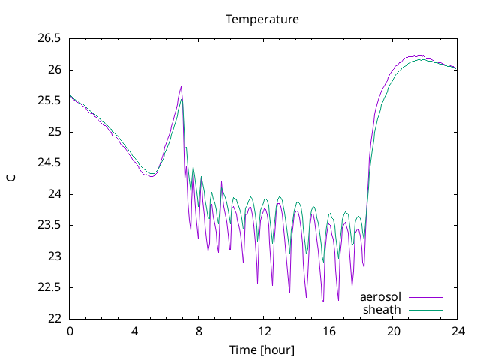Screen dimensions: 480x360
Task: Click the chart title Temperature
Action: click(x=262, y=19)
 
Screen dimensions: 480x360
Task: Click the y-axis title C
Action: click(x=11, y=178)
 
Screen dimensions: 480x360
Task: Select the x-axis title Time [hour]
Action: click(x=262, y=349)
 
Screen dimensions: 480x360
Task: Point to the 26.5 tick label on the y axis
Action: click(x=49, y=38)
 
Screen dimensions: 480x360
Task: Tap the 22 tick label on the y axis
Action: click(x=55, y=318)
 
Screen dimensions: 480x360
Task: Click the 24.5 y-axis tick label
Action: click(x=49, y=163)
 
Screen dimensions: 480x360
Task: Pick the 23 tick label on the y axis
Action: click(x=55, y=256)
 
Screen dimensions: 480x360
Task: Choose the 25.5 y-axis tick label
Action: click(x=49, y=100)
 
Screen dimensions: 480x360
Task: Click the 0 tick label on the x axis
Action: click(x=70, y=331)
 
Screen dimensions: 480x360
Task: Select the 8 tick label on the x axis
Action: click(x=199, y=331)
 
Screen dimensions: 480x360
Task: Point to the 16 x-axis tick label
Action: click(x=328, y=331)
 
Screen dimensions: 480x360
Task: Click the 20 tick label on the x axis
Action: click(x=393, y=331)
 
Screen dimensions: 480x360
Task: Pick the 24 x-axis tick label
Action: click(x=457, y=331)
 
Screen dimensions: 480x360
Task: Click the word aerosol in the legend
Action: click(x=380, y=297)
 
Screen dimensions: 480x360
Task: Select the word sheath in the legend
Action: click(x=382, y=310)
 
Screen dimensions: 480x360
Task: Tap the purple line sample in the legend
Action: click(x=425, y=297)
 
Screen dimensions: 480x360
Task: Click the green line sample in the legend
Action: click(x=425, y=310)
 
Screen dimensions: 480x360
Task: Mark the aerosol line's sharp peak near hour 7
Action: click(x=181, y=87)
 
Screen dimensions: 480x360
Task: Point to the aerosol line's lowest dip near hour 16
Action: click(x=323, y=301)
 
